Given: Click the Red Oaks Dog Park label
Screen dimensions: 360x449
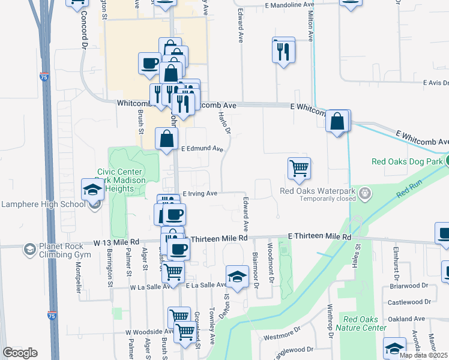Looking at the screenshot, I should [x=406, y=161].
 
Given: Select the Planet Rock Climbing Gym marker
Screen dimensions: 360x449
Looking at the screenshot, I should [x=29, y=248].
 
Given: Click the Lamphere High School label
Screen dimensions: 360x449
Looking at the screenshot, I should [x=43, y=204].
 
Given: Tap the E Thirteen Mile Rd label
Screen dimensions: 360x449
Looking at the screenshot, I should [x=319, y=237].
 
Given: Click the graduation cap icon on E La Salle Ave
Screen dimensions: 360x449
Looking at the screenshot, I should [x=238, y=277].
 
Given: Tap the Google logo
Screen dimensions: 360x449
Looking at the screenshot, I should [x=20, y=352].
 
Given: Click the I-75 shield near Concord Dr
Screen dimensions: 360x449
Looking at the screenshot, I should [x=43, y=77].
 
